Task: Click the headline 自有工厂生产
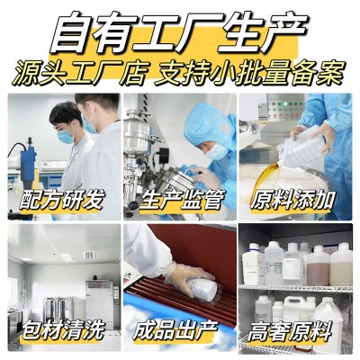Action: (x=179, y=32)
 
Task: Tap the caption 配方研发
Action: (x=62, y=199)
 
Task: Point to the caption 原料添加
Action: (x=292, y=199)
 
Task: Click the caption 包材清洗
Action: (x=63, y=329)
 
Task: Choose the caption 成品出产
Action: (x=175, y=329)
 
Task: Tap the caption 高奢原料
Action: (x=290, y=330)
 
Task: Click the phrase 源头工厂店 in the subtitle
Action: (x=80, y=73)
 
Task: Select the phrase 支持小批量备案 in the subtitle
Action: (x=250, y=73)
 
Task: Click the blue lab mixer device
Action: (x=28, y=165)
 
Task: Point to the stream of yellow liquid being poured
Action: (x=268, y=177)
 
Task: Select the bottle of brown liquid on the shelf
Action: (x=318, y=266)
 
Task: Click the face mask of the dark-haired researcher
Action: (x=65, y=137)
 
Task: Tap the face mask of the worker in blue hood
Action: (x=217, y=151)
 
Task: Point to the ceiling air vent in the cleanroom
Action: (x=89, y=256)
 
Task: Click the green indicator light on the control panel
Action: (x=285, y=103)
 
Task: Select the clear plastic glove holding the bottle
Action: (x=187, y=277)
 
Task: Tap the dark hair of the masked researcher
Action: (x=66, y=112)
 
